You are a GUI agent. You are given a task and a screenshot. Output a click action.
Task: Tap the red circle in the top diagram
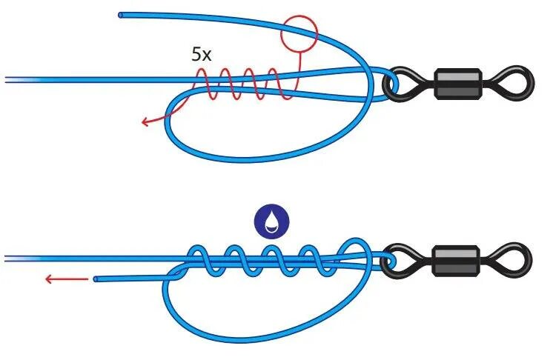click(x=299, y=33)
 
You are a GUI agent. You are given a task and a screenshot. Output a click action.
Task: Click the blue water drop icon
click(x=271, y=221)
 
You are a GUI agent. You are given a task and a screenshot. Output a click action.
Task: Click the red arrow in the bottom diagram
click(x=62, y=279)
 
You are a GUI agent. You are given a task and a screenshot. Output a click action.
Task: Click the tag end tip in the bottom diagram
click(x=97, y=279)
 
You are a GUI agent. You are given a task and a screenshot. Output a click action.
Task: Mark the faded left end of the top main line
click(x=11, y=79)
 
